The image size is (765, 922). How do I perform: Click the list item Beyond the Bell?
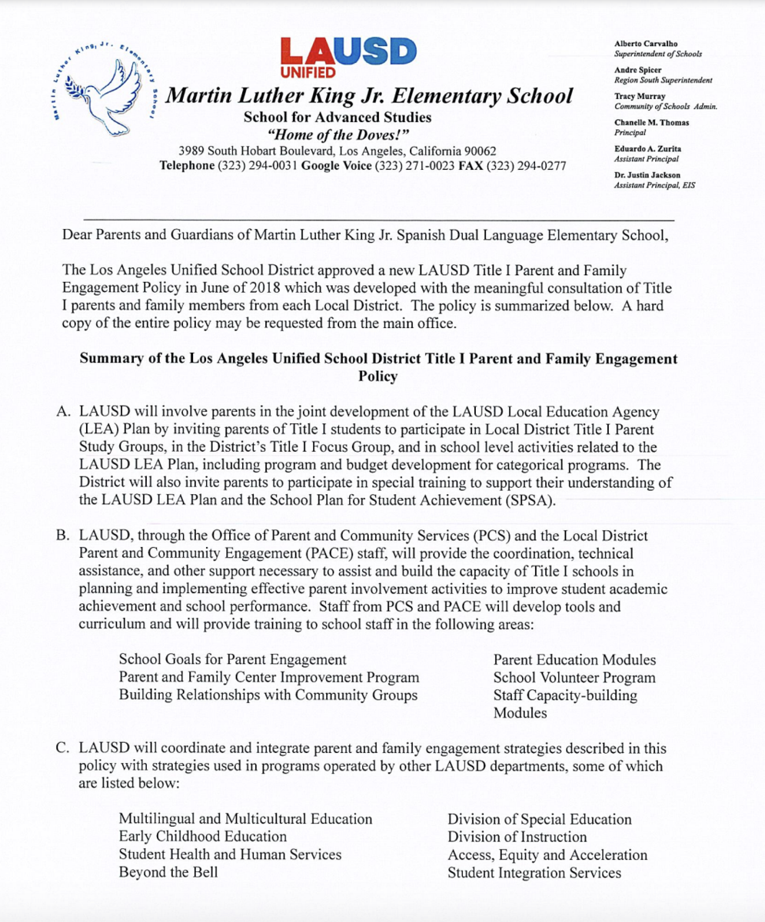168,872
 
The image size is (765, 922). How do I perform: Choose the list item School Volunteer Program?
574,678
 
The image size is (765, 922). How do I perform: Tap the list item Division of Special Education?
540,819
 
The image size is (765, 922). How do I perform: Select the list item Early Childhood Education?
203,837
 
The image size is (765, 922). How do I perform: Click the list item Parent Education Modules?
574,660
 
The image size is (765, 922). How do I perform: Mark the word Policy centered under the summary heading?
378,376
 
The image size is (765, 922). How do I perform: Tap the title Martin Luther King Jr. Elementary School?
370,96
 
